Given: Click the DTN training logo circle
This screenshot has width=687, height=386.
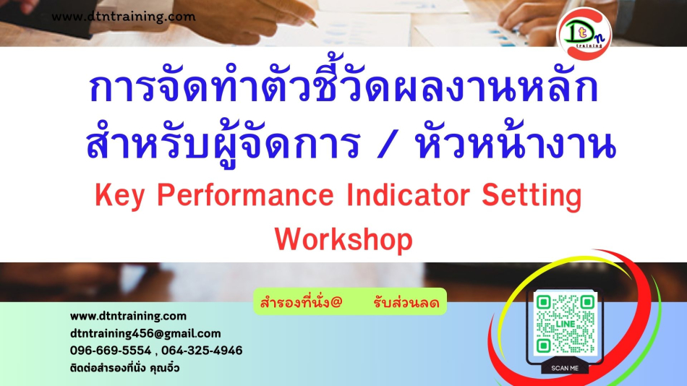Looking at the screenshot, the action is pos(584,34).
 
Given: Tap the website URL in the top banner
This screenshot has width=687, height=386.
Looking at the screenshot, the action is pos(124,17).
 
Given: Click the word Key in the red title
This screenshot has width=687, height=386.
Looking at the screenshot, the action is pos(119,195).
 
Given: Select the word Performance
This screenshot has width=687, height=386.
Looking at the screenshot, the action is pos(245,195).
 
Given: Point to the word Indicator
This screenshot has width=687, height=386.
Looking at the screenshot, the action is pos(409,195).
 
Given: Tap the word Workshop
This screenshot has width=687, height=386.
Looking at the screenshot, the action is pos(344,239).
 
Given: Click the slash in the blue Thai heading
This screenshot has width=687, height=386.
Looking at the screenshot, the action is pos(386,144).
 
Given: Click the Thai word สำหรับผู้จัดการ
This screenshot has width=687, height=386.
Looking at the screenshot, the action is pos(223,143).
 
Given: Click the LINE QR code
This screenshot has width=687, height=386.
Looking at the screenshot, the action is pos(566,325).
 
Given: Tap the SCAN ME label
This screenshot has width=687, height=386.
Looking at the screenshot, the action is pos(565,369).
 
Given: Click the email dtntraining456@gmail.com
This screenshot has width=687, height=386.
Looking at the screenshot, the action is pos(145,334).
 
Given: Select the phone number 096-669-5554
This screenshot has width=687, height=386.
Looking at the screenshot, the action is pos(111,351).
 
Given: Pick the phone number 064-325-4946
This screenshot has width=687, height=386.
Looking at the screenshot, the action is pos(202,351).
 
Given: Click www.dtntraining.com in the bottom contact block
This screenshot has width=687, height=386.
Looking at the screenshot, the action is pos(129,317).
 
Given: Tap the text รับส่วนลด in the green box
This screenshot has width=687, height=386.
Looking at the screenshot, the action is pos(406,302).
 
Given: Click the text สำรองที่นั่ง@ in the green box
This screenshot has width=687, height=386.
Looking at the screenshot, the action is pos(301,302).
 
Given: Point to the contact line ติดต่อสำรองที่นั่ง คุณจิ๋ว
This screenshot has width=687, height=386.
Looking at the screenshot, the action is pos(125,368).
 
